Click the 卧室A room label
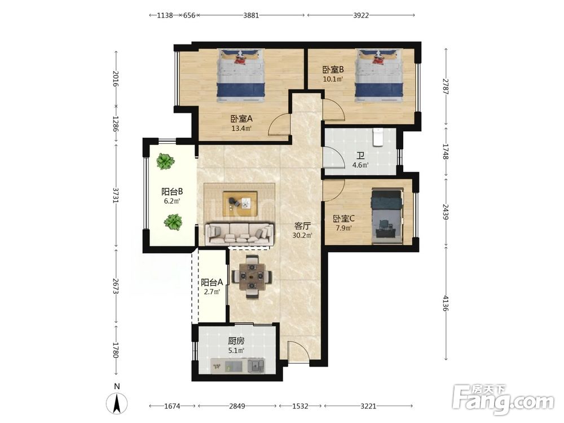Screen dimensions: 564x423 tap(241, 118)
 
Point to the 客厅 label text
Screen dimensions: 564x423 tap(302, 226)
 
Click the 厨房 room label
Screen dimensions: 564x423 tap(236, 341)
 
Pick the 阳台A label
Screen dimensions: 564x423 tap(212, 283)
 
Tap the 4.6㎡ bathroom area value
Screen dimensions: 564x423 tap(360, 165)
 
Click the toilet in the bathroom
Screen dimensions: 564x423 tap(377, 137)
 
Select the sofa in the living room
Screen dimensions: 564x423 tap(239, 234)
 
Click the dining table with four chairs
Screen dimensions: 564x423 tap(252, 276)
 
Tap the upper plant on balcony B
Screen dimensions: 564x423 tap(165, 161)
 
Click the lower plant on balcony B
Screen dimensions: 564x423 tap(173, 222)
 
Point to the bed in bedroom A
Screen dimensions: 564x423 tap(241, 76)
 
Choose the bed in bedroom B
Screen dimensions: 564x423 tap(378, 76)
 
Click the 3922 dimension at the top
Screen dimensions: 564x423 tap(361, 15)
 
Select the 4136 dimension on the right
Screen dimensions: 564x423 tap(446, 303)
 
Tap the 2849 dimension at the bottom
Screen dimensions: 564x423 tap(237, 406)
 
